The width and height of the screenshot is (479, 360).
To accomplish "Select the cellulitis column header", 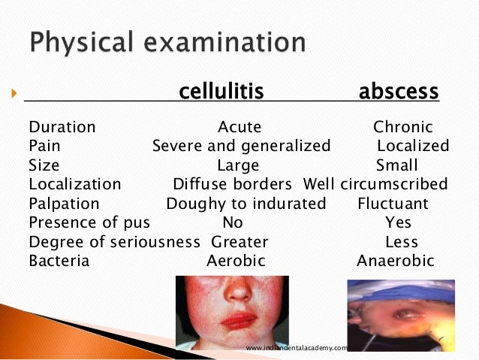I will pyautogui.click(x=221, y=92).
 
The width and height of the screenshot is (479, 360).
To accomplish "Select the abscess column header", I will pyautogui.click(x=399, y=92).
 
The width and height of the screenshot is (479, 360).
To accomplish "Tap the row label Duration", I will pyautogui.click(x=62, y=127).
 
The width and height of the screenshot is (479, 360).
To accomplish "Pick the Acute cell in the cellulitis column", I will pyautogui.click(x=239, y=127).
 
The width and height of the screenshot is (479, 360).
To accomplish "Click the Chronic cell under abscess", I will pyautogui.click(x=403, y=127).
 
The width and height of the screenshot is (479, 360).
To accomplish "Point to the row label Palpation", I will pyautogui.click(x=64, y=203).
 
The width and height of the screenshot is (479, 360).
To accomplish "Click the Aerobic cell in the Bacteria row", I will pyautogui.click(x=236, y=261).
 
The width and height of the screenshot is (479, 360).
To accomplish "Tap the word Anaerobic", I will pyautogui.click(x=396, y=261).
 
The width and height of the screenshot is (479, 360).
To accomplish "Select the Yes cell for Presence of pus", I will pyautogui.click(x=398, y=222).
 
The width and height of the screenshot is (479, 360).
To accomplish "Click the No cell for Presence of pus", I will pyautogui.click(x=233, y=222).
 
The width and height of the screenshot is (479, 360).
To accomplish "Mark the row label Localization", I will pyautogui.click(x=74, y=184).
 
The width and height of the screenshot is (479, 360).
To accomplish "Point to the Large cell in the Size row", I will pyautogui.click(x=238, y=165).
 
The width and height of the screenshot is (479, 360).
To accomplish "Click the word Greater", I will pyautogui.click(x=239, y=242).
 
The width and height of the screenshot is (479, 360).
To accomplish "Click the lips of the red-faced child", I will pyautogui.click(x=238, y=319).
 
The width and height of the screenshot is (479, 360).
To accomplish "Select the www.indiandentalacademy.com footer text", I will pyautogui.click(x=297, y=348).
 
